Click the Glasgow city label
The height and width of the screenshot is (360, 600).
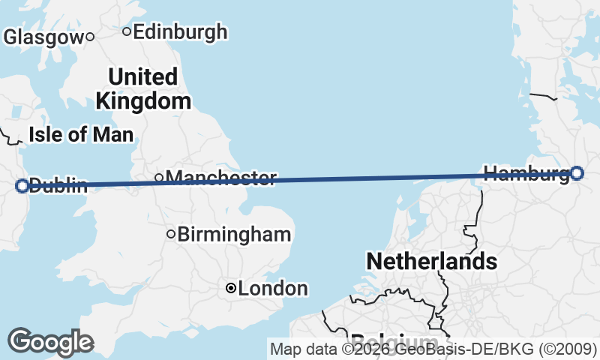[x=43, y=37]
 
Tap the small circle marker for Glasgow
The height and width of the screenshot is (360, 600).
[x=89, y=36]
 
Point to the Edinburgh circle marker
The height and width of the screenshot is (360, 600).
[x=127, y=31]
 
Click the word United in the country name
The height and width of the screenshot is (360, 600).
[x=142, y=76]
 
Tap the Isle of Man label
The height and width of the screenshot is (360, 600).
[x=81, y=135]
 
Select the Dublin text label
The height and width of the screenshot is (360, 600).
[x=58, y=185]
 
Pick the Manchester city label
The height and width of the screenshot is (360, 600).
[x=221, y=178]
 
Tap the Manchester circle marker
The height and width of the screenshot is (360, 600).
[x=159, y=178]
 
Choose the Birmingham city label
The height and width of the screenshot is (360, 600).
[x=234, y=234]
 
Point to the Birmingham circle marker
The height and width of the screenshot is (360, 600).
[x=171, y=234]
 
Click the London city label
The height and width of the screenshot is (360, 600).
[x=273, y=288]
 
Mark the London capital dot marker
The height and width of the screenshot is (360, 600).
[x=231, y=288]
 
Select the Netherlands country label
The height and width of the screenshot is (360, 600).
[x=431, y=261]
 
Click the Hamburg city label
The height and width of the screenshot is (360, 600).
[x=526, y=174]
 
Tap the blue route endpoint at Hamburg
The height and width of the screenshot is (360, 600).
[x=576, y=173]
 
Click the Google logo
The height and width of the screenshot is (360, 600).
[x=50, y=342]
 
